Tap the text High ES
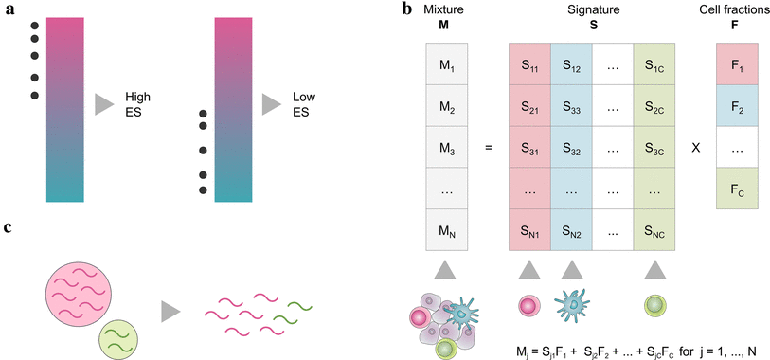coord(138,104)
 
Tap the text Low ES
coord(306,104)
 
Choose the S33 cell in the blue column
coord(571,108)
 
